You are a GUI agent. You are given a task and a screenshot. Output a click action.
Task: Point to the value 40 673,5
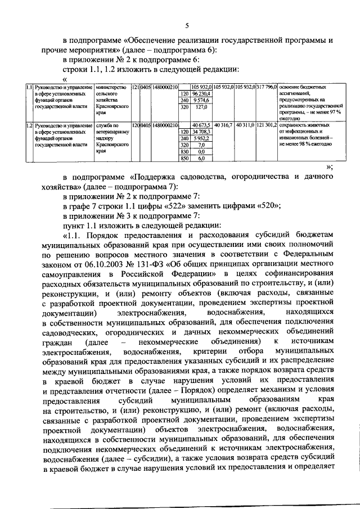pyautogui.click(x=201, y=125)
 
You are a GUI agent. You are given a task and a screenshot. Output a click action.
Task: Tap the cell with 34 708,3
pyautogui.click(x=201, y=132)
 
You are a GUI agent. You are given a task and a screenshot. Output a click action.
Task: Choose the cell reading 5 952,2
pyautogui.click(x=201, y=138)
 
